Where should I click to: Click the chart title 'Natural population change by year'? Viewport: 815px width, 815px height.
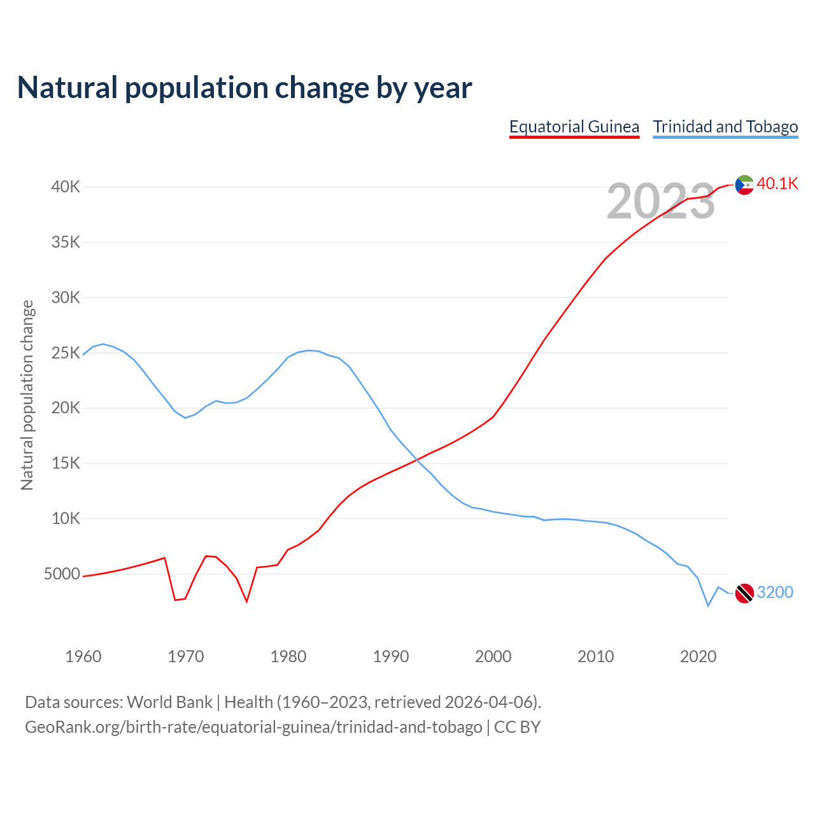click(x=244, y=88)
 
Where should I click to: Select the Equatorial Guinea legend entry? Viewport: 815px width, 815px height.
click(x=574, y=127)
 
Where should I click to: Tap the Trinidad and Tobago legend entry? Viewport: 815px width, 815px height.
click(x=725, y=127)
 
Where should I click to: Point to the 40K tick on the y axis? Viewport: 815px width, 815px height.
click(x=66, y=187)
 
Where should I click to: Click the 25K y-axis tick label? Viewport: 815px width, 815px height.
click(x=66, y=353)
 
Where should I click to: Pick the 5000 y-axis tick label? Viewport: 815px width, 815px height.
click(x=62, y=574)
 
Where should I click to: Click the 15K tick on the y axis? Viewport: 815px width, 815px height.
click(x=66, y=463)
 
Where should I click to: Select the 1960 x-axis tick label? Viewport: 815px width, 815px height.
click(x=83, y=656)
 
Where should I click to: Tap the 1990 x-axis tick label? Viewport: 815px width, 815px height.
click(x=391, y=656)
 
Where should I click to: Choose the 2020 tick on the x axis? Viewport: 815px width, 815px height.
click(x=698, y=656)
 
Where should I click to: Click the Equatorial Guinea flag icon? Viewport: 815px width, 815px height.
click(x=744, y=185)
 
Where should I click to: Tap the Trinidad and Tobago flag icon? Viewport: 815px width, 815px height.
click(x=744, y=593)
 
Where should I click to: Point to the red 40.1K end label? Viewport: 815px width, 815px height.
click(x=777, y=184)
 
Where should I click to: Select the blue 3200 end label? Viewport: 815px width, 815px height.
click(x=775, y=593)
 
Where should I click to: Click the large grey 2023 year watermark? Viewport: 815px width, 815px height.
click(x=661, y=201)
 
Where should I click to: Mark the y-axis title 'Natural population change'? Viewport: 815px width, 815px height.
click(x=27, y=395)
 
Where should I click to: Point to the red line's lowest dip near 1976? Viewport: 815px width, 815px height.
click(x=246, y=601)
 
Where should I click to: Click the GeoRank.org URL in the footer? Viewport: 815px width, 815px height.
click(x=253, y=727)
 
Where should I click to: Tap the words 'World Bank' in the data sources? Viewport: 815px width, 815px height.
click(x=169, y=702)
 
